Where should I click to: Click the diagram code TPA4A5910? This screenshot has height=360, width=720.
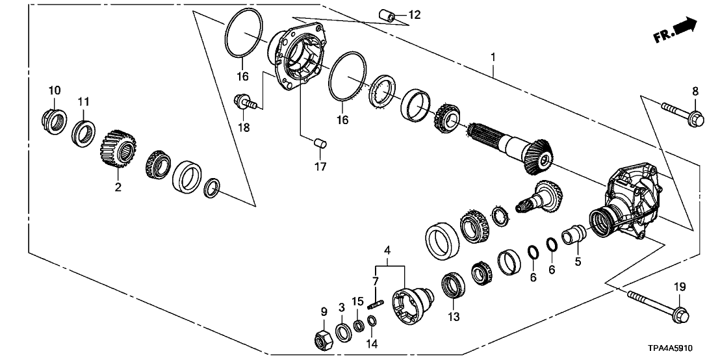674,348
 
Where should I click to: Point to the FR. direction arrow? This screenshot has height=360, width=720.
676,31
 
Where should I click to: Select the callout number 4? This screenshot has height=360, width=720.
387,250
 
